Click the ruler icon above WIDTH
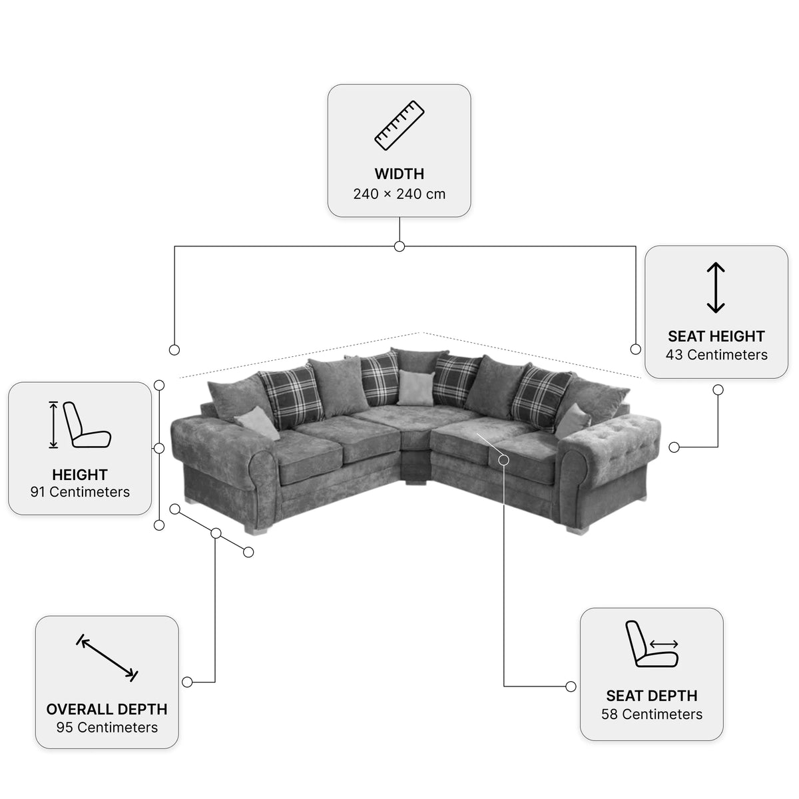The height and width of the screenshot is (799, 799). (400, 125)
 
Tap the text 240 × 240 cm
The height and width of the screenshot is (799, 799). (400, 194)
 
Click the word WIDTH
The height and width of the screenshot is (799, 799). (400, 174)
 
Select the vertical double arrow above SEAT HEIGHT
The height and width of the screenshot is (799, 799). (716, 288)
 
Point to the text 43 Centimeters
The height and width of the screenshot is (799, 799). (716, 355)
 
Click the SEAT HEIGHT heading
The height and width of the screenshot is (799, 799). (716, 336)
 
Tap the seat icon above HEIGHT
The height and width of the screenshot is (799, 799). (80, 425)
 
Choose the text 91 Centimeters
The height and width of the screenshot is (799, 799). (80, 492)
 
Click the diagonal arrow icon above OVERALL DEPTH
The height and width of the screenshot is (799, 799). (107, 658)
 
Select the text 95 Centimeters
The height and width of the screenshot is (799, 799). (107, 727)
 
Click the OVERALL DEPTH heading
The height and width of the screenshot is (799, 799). (107, 709)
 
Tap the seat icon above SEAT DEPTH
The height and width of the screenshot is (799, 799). (652, 644)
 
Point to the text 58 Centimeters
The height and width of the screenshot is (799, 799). (652, 714)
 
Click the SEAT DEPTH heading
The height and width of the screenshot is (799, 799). (652, 695)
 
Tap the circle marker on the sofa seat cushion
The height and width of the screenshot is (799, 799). (504, 460)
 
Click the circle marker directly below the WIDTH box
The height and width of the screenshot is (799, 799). (400, 246)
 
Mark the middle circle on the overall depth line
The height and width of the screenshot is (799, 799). (216, 533)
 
